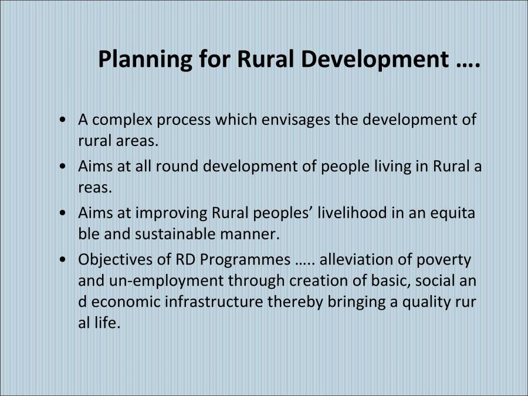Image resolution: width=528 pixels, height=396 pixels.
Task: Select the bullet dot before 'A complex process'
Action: click(63, 120)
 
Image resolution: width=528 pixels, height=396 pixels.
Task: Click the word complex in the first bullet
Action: click(120, 120)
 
